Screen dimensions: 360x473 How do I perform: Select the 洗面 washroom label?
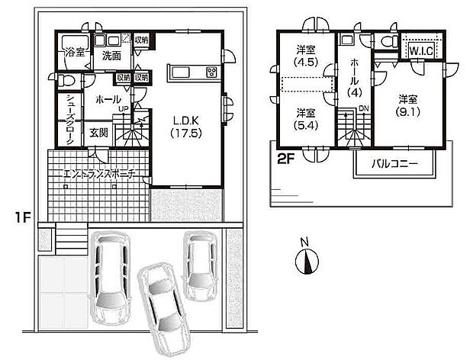111,56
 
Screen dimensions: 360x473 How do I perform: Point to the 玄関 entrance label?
98,133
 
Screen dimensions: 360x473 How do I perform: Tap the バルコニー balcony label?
394,163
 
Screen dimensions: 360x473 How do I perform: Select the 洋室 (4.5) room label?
306,57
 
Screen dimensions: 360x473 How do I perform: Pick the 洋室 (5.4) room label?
306,120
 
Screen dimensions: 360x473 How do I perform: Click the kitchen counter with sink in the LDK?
193,73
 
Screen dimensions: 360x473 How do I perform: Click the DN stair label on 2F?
364,108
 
